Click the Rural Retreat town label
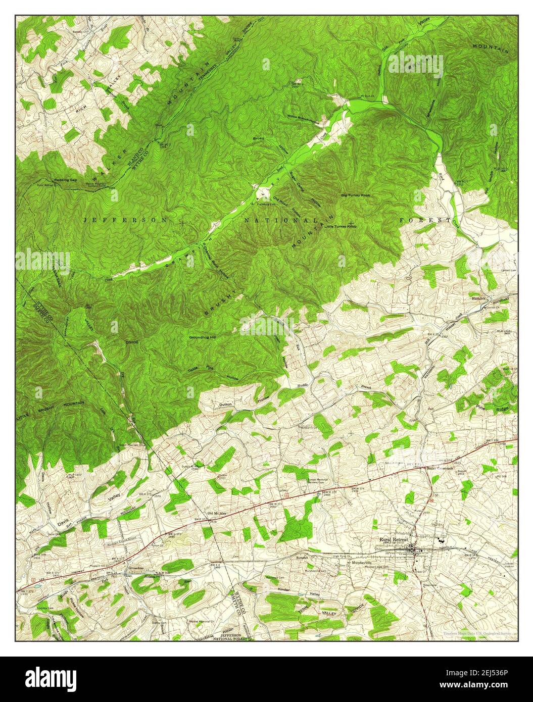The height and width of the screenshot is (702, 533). point(397,539)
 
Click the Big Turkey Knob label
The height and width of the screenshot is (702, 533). point(359,194)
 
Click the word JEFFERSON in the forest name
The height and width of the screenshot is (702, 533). point(123,220)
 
